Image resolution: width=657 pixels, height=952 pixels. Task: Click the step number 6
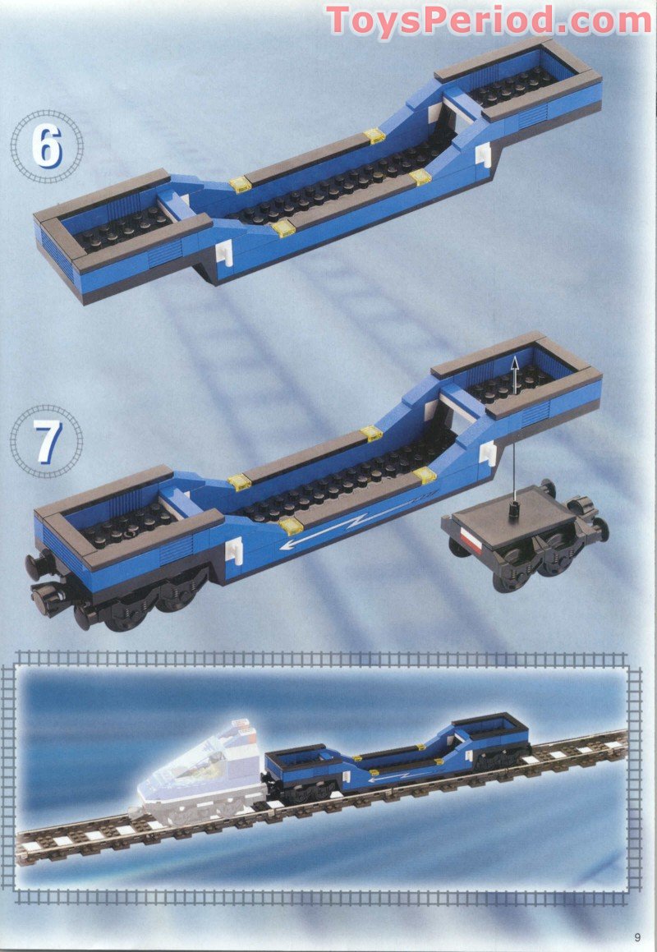tap(46, 146)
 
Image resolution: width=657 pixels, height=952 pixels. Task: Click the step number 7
tap(48, 441)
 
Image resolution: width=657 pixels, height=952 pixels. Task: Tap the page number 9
tap(637, 937)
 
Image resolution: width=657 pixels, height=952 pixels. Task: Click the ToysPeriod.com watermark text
tap(489, 20)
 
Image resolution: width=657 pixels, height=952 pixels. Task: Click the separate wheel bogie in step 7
tap(526, 534)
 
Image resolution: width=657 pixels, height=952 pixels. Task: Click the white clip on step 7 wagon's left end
tap(235, 550)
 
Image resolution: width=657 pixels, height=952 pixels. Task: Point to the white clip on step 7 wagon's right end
tap(489, 453)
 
